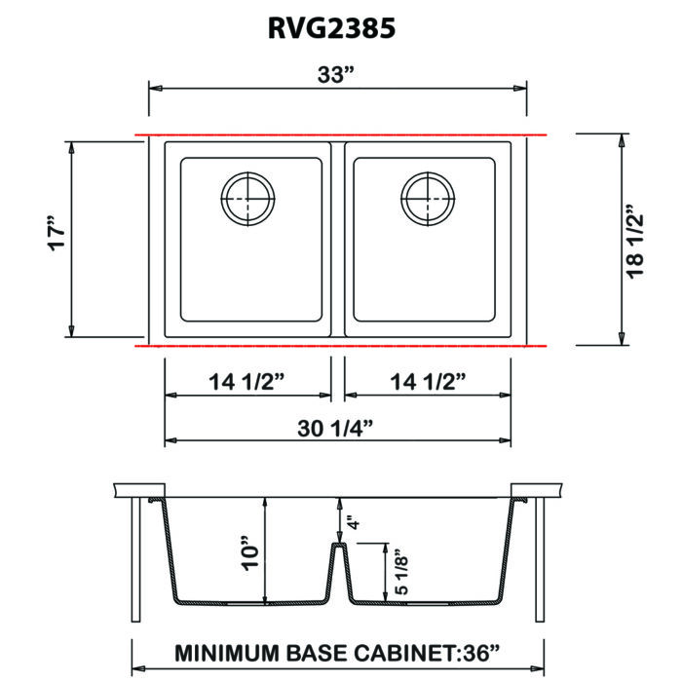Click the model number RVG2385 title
coord(331,28)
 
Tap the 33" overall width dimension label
coord(335,74)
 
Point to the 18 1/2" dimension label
coord(634,242)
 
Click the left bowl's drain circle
coord(247,172)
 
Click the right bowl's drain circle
coord(428,172)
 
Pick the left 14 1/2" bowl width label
coord(246,382)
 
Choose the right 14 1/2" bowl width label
coord(428,382)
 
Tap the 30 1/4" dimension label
coord(335,428)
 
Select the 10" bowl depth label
coord(250,552)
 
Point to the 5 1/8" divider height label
coord(400,575)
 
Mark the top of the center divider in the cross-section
coord(339,544)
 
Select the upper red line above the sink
coord(341,134)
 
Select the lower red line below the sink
coord(341,346)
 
